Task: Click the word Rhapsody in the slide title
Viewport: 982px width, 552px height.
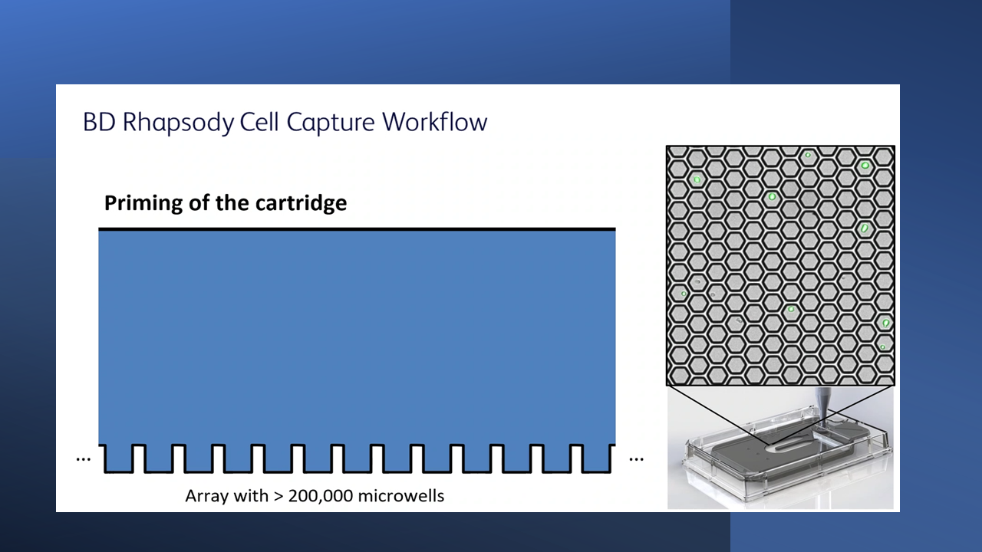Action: (x=179, y=122)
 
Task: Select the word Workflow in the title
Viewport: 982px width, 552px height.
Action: (x=434, y=121)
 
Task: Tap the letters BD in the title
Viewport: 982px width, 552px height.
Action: (x=100, y=122)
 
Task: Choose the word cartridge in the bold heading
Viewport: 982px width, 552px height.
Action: (x=302, y=204)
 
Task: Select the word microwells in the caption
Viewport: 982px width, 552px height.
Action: (x=401, y=496)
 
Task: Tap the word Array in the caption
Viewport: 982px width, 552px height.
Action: (x=205, y=497)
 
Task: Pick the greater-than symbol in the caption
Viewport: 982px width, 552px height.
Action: (x=278, y=496)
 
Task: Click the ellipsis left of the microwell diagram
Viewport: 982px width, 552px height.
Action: (x=84, y=459)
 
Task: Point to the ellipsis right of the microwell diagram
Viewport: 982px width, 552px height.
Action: (x=636, y=459)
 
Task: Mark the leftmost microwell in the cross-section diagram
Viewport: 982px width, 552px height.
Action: (x=118, y=459)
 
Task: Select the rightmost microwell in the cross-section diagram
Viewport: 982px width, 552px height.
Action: (x=597, y=459)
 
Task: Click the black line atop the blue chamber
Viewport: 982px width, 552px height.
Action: (x=357, y=228)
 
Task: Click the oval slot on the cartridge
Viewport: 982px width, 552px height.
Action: (x=789, y=445)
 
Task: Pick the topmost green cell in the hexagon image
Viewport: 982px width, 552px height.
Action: (x=808, y=155)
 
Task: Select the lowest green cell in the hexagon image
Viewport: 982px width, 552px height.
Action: (x=882, y=347)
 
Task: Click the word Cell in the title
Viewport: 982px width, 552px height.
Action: (x=259, y=121)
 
